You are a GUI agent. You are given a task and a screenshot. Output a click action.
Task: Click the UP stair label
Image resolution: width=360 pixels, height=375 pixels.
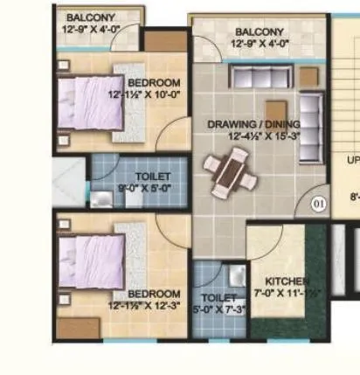[352, 160]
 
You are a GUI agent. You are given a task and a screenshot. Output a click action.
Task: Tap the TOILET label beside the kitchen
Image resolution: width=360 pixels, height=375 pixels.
[213, 298]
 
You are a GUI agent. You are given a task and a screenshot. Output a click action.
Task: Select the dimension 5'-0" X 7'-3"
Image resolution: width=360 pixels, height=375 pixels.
[214, 309]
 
